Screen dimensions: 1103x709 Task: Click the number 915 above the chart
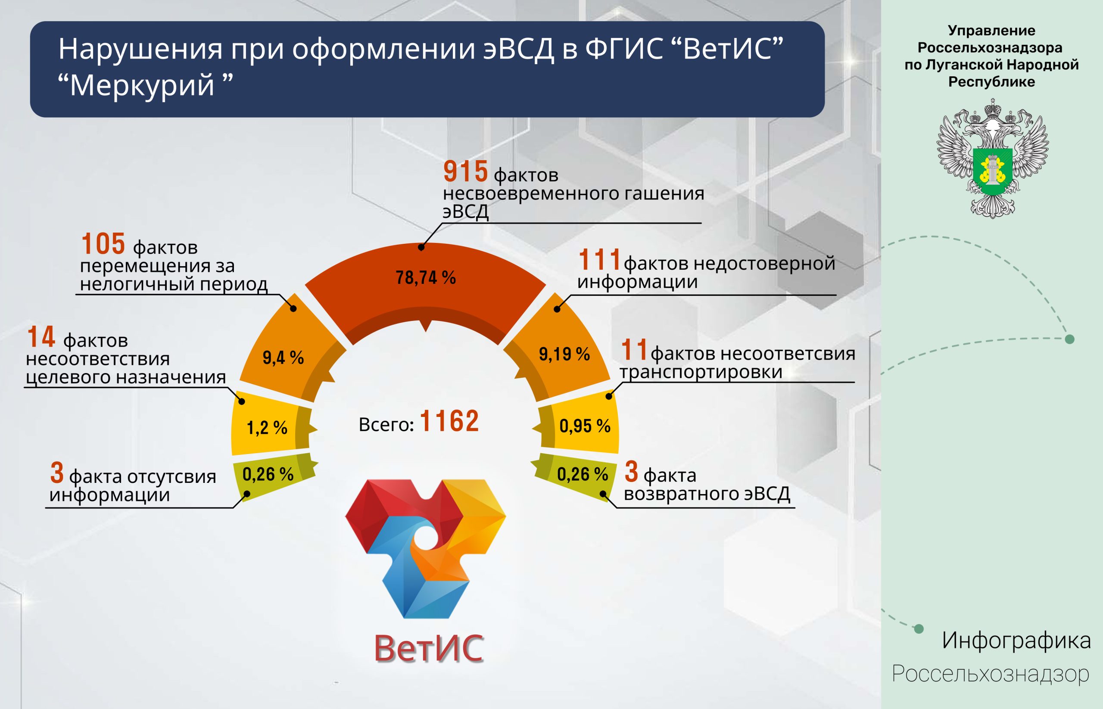click(x=465, y=171)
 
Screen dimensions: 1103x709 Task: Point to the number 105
click(x=103, y=243)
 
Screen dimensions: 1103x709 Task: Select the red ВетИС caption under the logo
click(x=429, y=648)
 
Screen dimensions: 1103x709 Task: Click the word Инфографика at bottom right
click(x=1016, y=641)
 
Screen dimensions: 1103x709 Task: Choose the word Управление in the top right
click(x=991, y=31)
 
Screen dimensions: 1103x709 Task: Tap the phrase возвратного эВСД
click(x=707, y=493)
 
